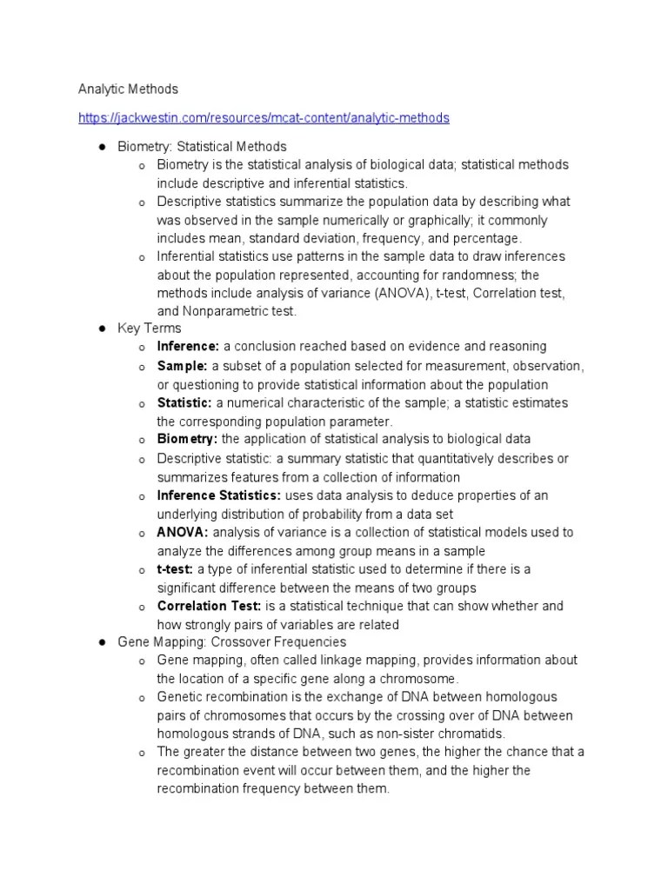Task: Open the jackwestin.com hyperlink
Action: tap(264, 117)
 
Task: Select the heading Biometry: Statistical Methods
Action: tap(202, 146)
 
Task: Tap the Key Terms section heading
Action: tap(150, 328)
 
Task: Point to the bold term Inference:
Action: tap(188, 346)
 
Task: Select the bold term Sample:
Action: tap(182, 366)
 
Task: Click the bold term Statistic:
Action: tap(184, 402)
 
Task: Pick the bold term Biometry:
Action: tap(187, 439)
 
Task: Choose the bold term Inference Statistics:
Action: tap(218, 495)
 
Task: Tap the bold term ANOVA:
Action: tap(183, 532)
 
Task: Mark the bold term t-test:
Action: tap(175, 568)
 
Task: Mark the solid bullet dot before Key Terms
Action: tap(101, 328)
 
